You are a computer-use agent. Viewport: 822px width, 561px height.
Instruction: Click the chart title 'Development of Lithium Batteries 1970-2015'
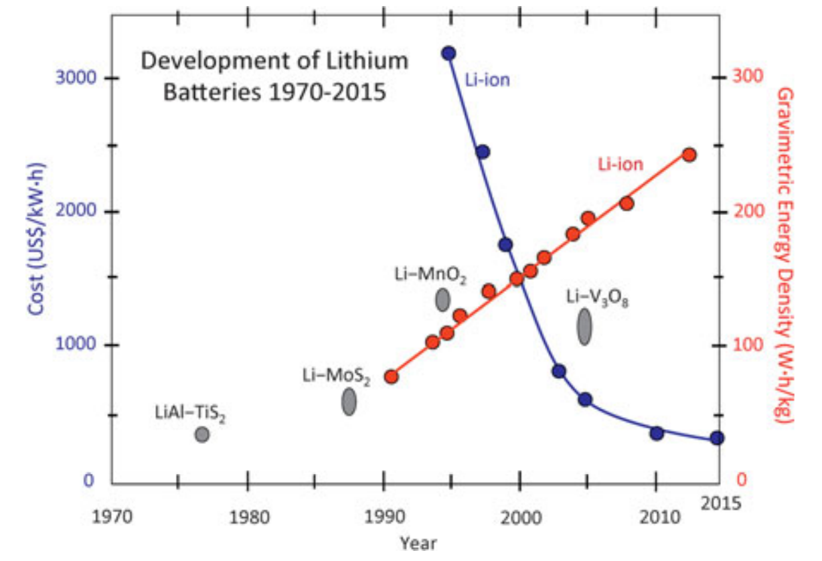(x=274, y=76)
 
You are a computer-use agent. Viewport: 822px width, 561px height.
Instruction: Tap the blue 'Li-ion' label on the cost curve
(x=487, y=81)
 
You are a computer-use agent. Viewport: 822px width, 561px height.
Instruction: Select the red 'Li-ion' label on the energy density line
(x=621, y=165)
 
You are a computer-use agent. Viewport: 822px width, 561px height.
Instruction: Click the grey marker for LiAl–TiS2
(x=202, y=434)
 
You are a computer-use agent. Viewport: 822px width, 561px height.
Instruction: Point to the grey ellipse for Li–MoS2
(x=349, y=402)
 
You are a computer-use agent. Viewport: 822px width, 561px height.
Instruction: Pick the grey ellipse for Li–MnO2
(x=442, y=299)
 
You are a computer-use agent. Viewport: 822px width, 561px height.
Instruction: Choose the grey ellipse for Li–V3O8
(x=584, y=327)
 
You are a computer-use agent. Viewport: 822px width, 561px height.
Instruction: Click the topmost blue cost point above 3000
(x=448, y=53)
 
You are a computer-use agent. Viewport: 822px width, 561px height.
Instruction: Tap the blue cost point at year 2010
(x=657, y=433)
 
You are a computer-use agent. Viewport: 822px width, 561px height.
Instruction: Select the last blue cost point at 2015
(x=717, y=438)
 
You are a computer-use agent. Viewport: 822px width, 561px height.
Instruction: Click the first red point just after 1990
(x=392, y=376)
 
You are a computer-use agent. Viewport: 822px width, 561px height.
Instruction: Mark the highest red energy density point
(x=689, y=155)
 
